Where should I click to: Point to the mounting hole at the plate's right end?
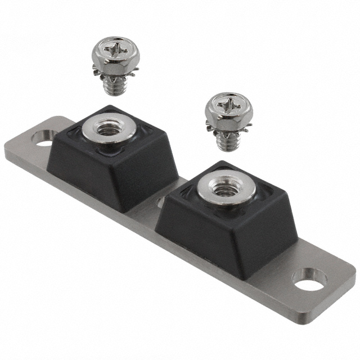309,281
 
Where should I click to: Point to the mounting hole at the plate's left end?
44,137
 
